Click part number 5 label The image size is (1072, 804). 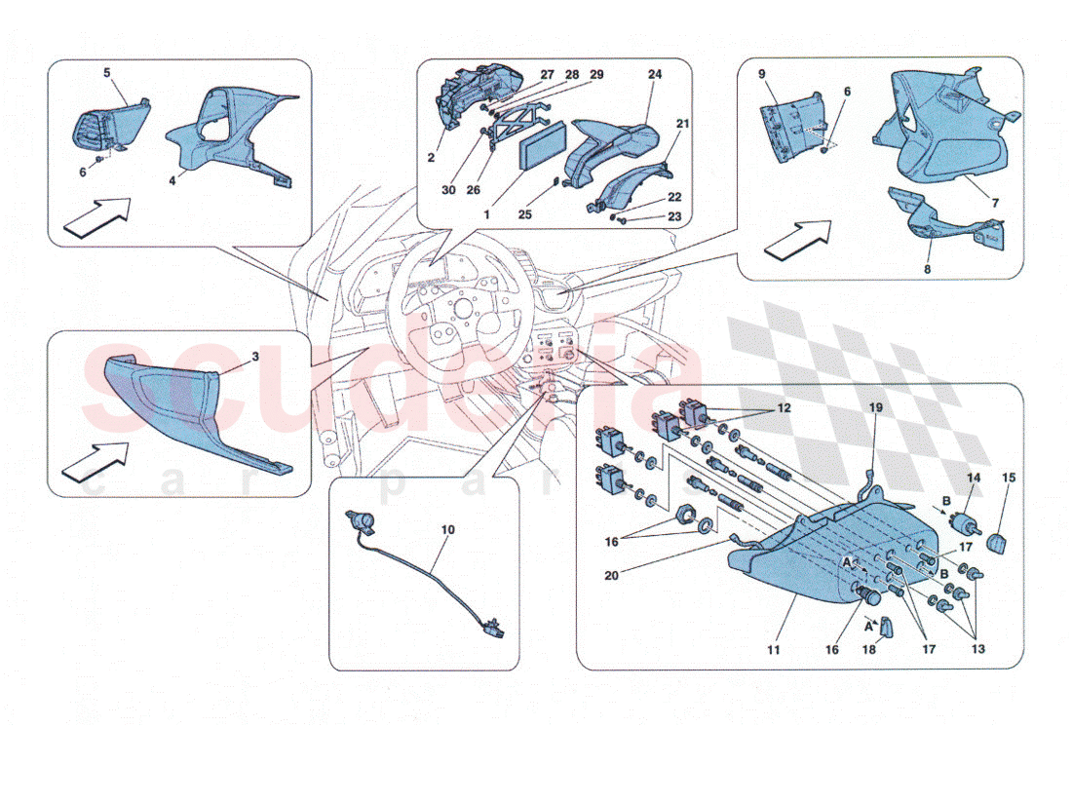[106, 72]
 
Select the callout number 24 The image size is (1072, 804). [655, 74]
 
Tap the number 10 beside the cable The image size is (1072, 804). [448, 530]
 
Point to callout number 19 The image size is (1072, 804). [876, 407]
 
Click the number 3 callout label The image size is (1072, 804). [255, 357]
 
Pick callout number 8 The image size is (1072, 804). [927, 269]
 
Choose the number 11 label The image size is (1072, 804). [773, 649]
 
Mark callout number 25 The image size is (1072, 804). [524, 214]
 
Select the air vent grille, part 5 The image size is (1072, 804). [110, 128]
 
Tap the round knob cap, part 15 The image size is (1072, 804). [999, 544]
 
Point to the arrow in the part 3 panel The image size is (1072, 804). [96, 460]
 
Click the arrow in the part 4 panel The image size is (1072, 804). [97, 216]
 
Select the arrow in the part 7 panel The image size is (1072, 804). [797, 240]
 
